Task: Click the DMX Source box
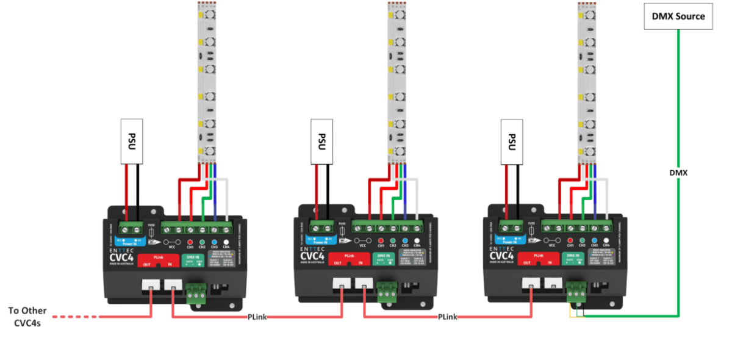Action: [x=678, y=16]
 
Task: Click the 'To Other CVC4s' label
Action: [x=27, y=316]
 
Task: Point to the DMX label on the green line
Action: [x=678, y=173]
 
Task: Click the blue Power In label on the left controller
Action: [x=129, y=240]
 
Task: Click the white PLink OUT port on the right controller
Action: [x=530, y=284]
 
